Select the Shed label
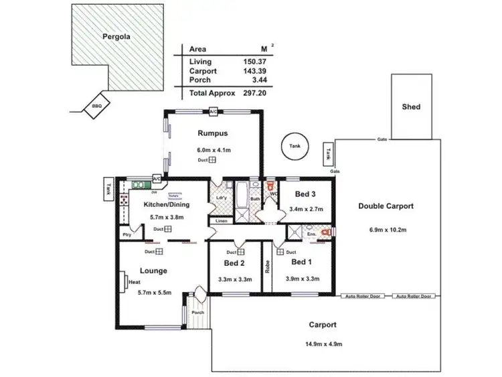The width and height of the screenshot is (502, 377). tap(411, 106)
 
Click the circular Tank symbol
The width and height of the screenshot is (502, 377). tap(294, 146)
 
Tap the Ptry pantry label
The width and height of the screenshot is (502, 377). tap(126, 235)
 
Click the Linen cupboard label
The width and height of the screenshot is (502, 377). tap(222, 221)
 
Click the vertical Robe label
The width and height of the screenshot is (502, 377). tap(267, 267)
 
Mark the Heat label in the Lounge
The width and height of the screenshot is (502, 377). tap(134, 283)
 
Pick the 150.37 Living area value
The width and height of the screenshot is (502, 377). tap(253, 61)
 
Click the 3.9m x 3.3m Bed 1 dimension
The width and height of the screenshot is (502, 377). tap(299, 278)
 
